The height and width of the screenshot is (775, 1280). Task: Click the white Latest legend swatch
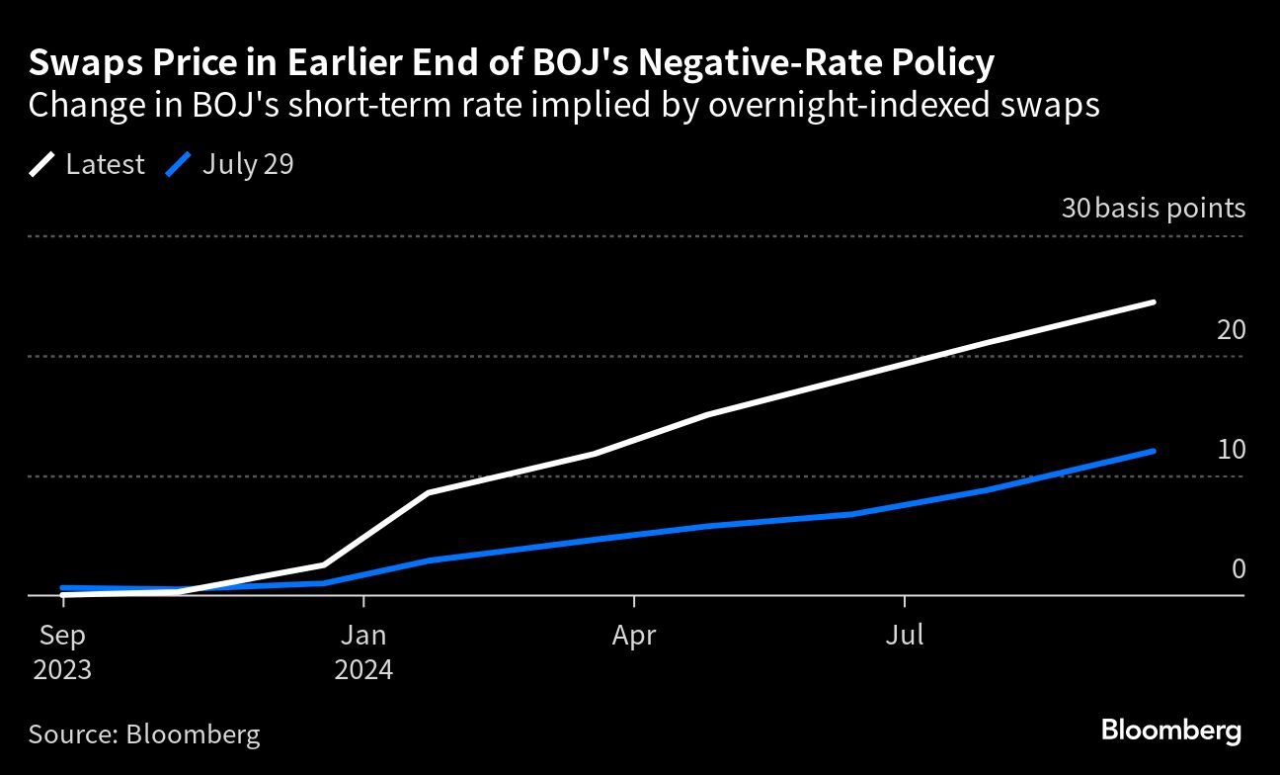point(42,164)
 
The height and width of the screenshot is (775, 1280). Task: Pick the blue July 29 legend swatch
point(179,164)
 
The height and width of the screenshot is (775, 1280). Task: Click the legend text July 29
point(248,164)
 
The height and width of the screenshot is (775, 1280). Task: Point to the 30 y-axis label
point(1075,209)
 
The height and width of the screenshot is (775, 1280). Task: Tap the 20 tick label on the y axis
point(1231,329)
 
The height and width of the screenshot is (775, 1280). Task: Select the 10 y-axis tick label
point(1231,450)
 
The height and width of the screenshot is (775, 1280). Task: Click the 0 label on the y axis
point(1238,569)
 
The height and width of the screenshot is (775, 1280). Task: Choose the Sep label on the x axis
point(62,635)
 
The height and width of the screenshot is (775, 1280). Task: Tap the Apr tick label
point(633,635)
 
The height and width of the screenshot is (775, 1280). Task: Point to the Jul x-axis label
point(904,635)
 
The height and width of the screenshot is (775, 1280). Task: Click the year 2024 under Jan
point(363,670)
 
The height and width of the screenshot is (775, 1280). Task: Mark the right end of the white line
point(1154,301)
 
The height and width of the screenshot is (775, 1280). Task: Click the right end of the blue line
point(1154,451)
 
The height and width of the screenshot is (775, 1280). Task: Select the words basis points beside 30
point(1170,209)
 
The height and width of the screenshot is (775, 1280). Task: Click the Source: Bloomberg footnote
point(144,734)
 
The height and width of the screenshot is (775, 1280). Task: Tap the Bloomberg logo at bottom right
point(1170,732)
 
